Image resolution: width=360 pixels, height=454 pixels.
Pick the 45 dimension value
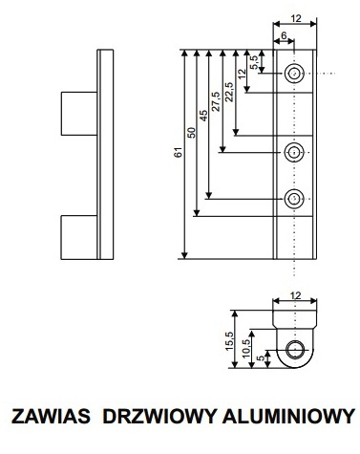click(x=202, y=116)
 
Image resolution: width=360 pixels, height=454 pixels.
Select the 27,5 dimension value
click(x=215, y=103)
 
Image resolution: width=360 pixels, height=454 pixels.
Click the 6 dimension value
click(x=284, y=36)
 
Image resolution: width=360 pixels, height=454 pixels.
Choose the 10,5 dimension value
click(x=245, y=346)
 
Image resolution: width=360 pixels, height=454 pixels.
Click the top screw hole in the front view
click(x=295, y=73)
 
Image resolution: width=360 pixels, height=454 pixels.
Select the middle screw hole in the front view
click(x=295, y=150)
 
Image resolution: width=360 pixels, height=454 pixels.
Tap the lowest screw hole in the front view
click(x=295, y=199)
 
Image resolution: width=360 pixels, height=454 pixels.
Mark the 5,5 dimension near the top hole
click(x=253, y=63)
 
